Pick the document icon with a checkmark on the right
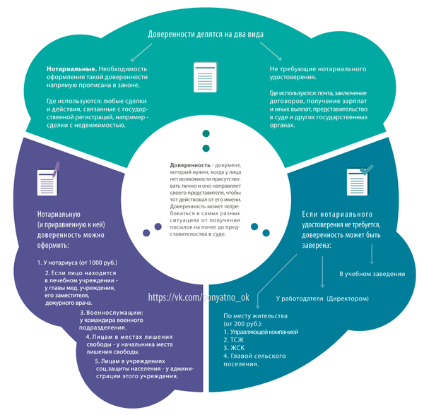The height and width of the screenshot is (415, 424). click(x=358, y=183)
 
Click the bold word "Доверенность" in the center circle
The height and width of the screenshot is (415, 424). click(x=186, y=165)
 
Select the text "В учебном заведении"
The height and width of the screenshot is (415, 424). click(x=372, y=273)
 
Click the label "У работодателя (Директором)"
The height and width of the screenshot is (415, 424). click(x=322, y=299)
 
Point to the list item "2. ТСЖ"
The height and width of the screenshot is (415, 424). click(x=233, y=339)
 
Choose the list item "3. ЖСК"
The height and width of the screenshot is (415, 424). click(x=233, y=347)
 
